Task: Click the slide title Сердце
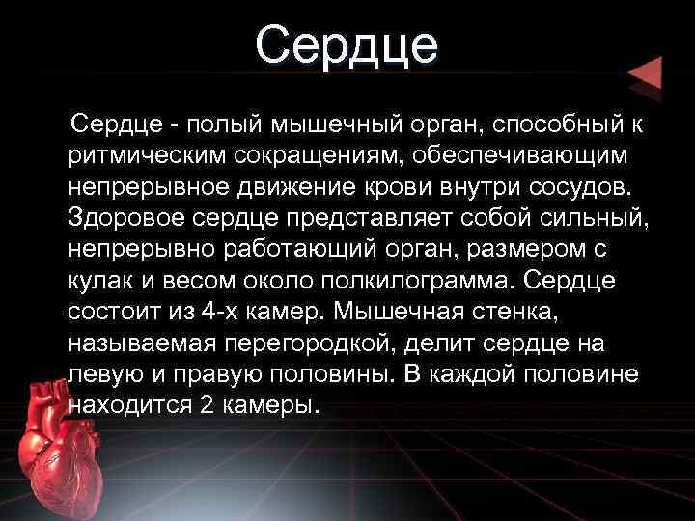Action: pos(347,45)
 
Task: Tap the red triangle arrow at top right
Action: pos(644,74)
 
